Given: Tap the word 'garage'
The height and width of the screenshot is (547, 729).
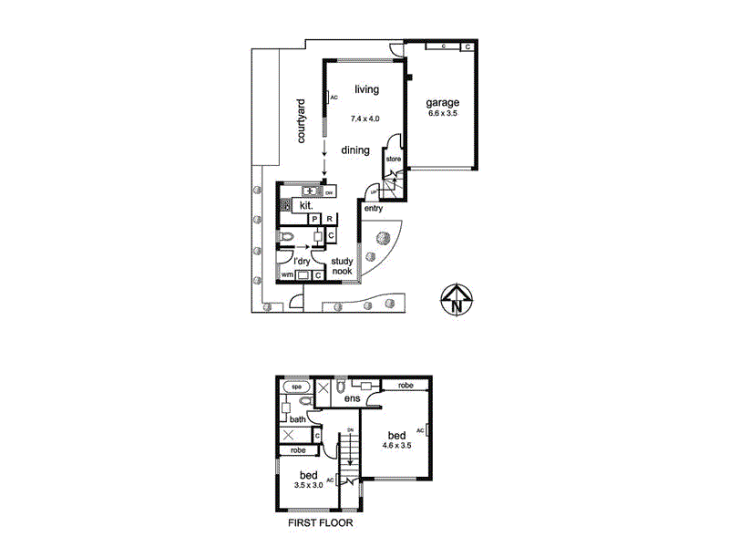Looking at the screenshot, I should coord(443,102).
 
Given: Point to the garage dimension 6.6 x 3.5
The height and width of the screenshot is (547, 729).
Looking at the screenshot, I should coord(443,115).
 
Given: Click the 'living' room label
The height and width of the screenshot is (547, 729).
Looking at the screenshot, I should coord(366,88).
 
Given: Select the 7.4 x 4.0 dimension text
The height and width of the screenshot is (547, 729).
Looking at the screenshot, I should coord(364,119).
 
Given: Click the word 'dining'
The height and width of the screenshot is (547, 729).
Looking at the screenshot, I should coord(355,150).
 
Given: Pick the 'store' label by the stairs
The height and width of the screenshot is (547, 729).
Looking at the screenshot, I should coord(394,160).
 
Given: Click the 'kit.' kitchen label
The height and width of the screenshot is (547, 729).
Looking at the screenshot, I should coord(306,207).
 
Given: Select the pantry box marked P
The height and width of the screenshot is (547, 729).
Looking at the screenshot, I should coord(314,220).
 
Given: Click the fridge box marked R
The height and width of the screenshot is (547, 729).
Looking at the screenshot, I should coord(329,220).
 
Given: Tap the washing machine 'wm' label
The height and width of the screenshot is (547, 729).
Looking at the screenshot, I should coord(287,274).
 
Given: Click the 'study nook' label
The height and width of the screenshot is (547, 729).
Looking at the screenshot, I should coord(342,265).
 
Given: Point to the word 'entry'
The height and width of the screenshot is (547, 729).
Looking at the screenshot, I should coord(373,209).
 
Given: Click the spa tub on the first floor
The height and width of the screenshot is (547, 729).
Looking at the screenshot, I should coord(296,387).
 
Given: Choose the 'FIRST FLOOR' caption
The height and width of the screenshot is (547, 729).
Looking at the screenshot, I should coord(320,524).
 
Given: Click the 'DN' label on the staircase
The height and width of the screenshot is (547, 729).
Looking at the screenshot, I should coord(349,430).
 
